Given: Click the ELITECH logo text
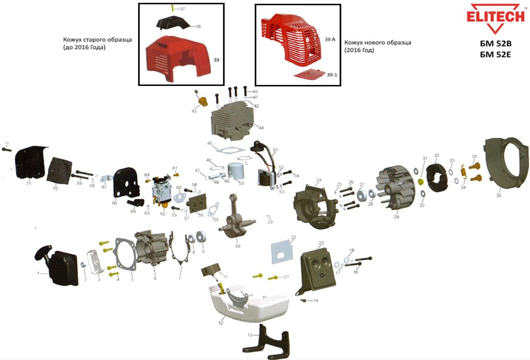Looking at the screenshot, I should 495,16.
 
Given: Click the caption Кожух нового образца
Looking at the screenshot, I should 377,42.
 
